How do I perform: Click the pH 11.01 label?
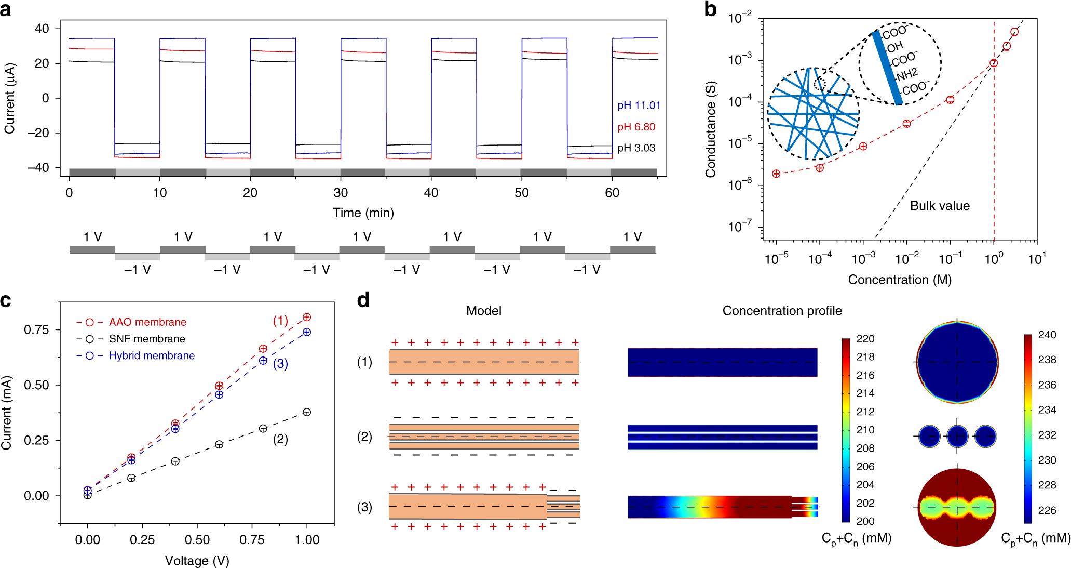639,105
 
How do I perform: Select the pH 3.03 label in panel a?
636,148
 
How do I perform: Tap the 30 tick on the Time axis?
341,193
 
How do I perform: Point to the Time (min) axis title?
363,213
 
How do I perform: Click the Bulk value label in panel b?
940,206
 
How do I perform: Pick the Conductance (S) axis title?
711,129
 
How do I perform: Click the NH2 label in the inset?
906,75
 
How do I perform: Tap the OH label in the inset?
894,47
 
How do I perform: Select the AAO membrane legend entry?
147,322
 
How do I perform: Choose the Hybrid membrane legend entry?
152,356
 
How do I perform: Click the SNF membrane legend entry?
147,339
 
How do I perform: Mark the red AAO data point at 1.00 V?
307,318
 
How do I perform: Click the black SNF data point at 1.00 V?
307,412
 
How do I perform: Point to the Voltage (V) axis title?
197,561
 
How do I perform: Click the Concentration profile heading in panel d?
782,311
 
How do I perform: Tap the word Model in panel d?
483,311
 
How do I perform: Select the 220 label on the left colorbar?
865,339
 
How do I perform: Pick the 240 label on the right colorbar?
1047,335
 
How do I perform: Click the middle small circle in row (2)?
957,437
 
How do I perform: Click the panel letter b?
711,9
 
